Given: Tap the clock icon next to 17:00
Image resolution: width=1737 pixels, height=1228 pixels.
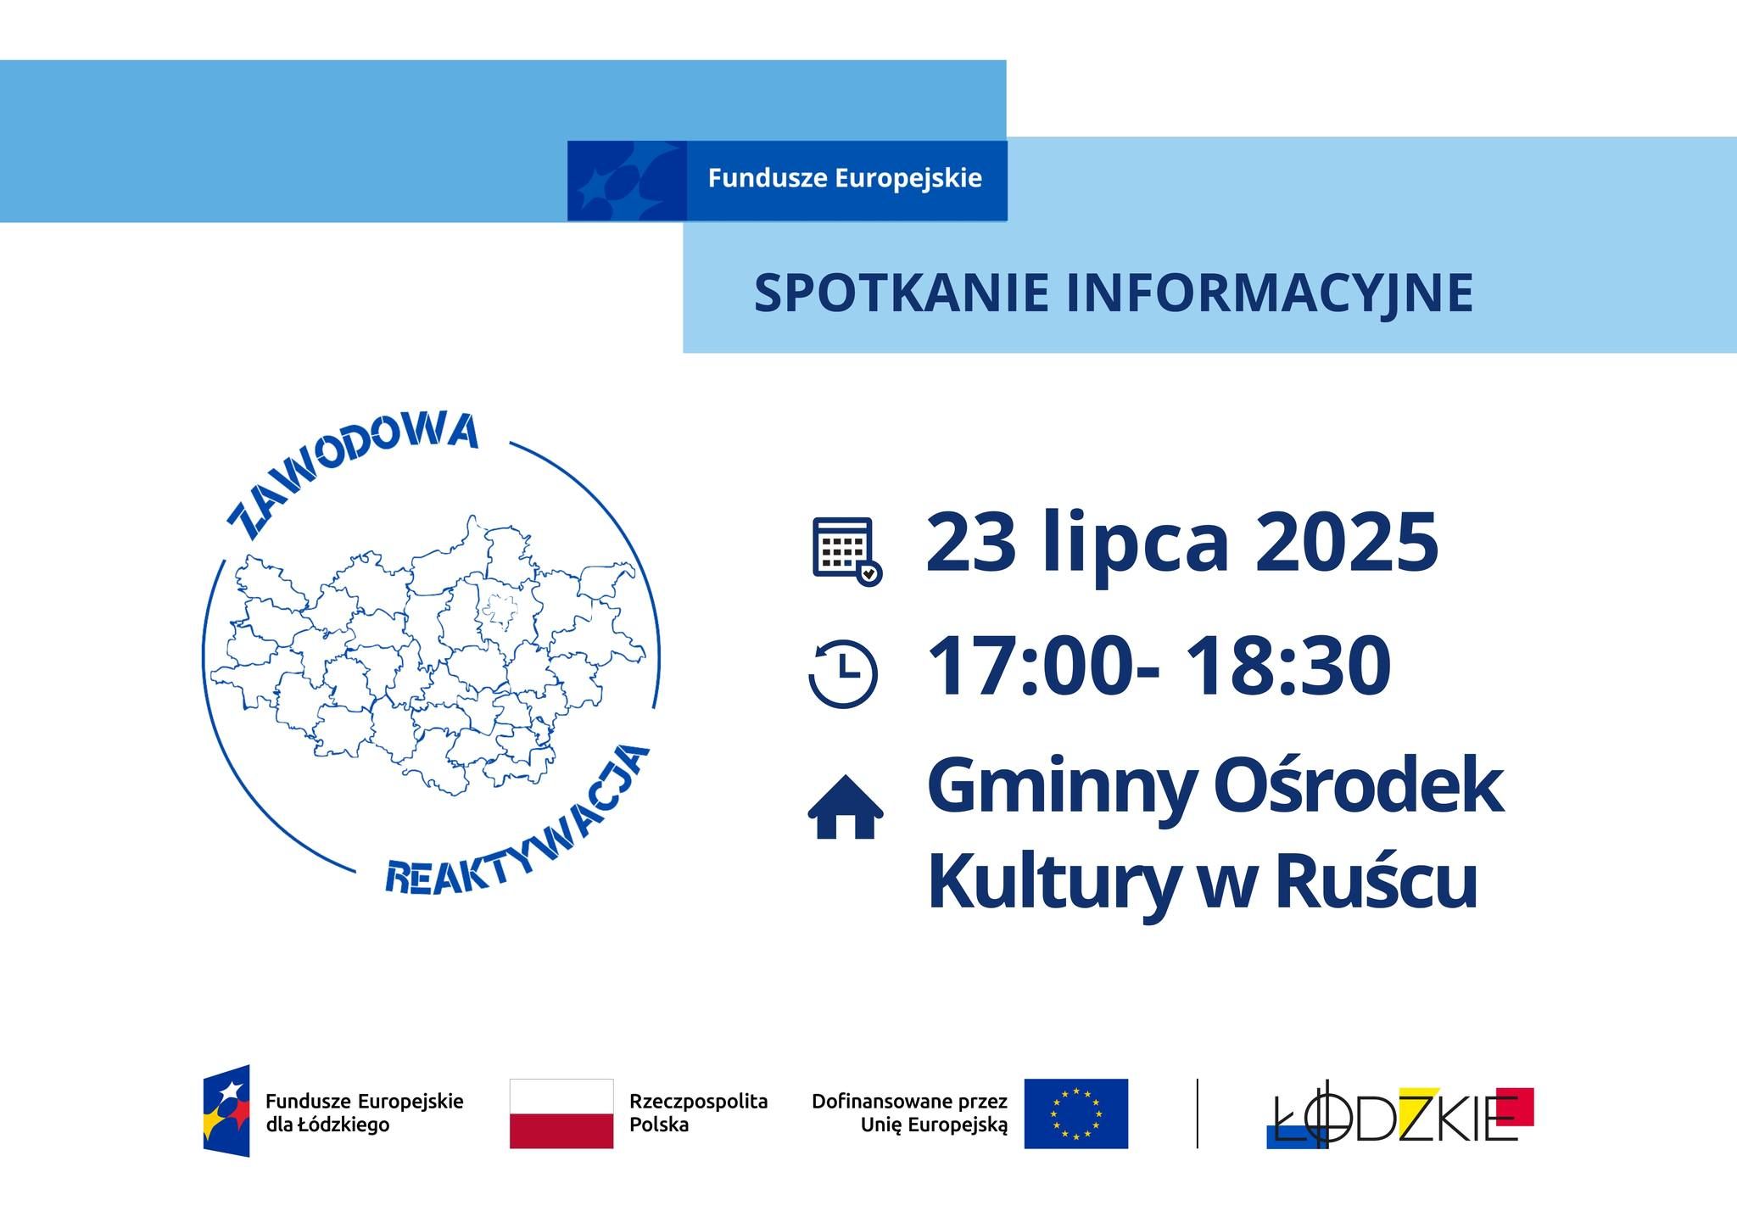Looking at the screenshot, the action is [844, 674].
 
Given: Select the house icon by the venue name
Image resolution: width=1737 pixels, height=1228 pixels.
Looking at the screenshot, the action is [845, 807].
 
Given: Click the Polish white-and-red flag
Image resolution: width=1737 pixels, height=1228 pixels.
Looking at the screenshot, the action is [561, 1114].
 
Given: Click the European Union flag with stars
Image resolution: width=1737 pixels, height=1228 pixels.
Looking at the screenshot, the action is [1075, 1114].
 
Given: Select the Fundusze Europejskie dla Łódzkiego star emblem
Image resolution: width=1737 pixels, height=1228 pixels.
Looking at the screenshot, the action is [226, 1110].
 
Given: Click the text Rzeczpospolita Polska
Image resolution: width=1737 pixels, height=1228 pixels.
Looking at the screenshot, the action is [698, 1114].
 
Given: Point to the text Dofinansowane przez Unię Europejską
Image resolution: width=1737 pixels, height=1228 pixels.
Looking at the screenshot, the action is [909, 1114].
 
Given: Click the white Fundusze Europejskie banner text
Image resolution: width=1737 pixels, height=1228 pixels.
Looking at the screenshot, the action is [845, 179].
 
